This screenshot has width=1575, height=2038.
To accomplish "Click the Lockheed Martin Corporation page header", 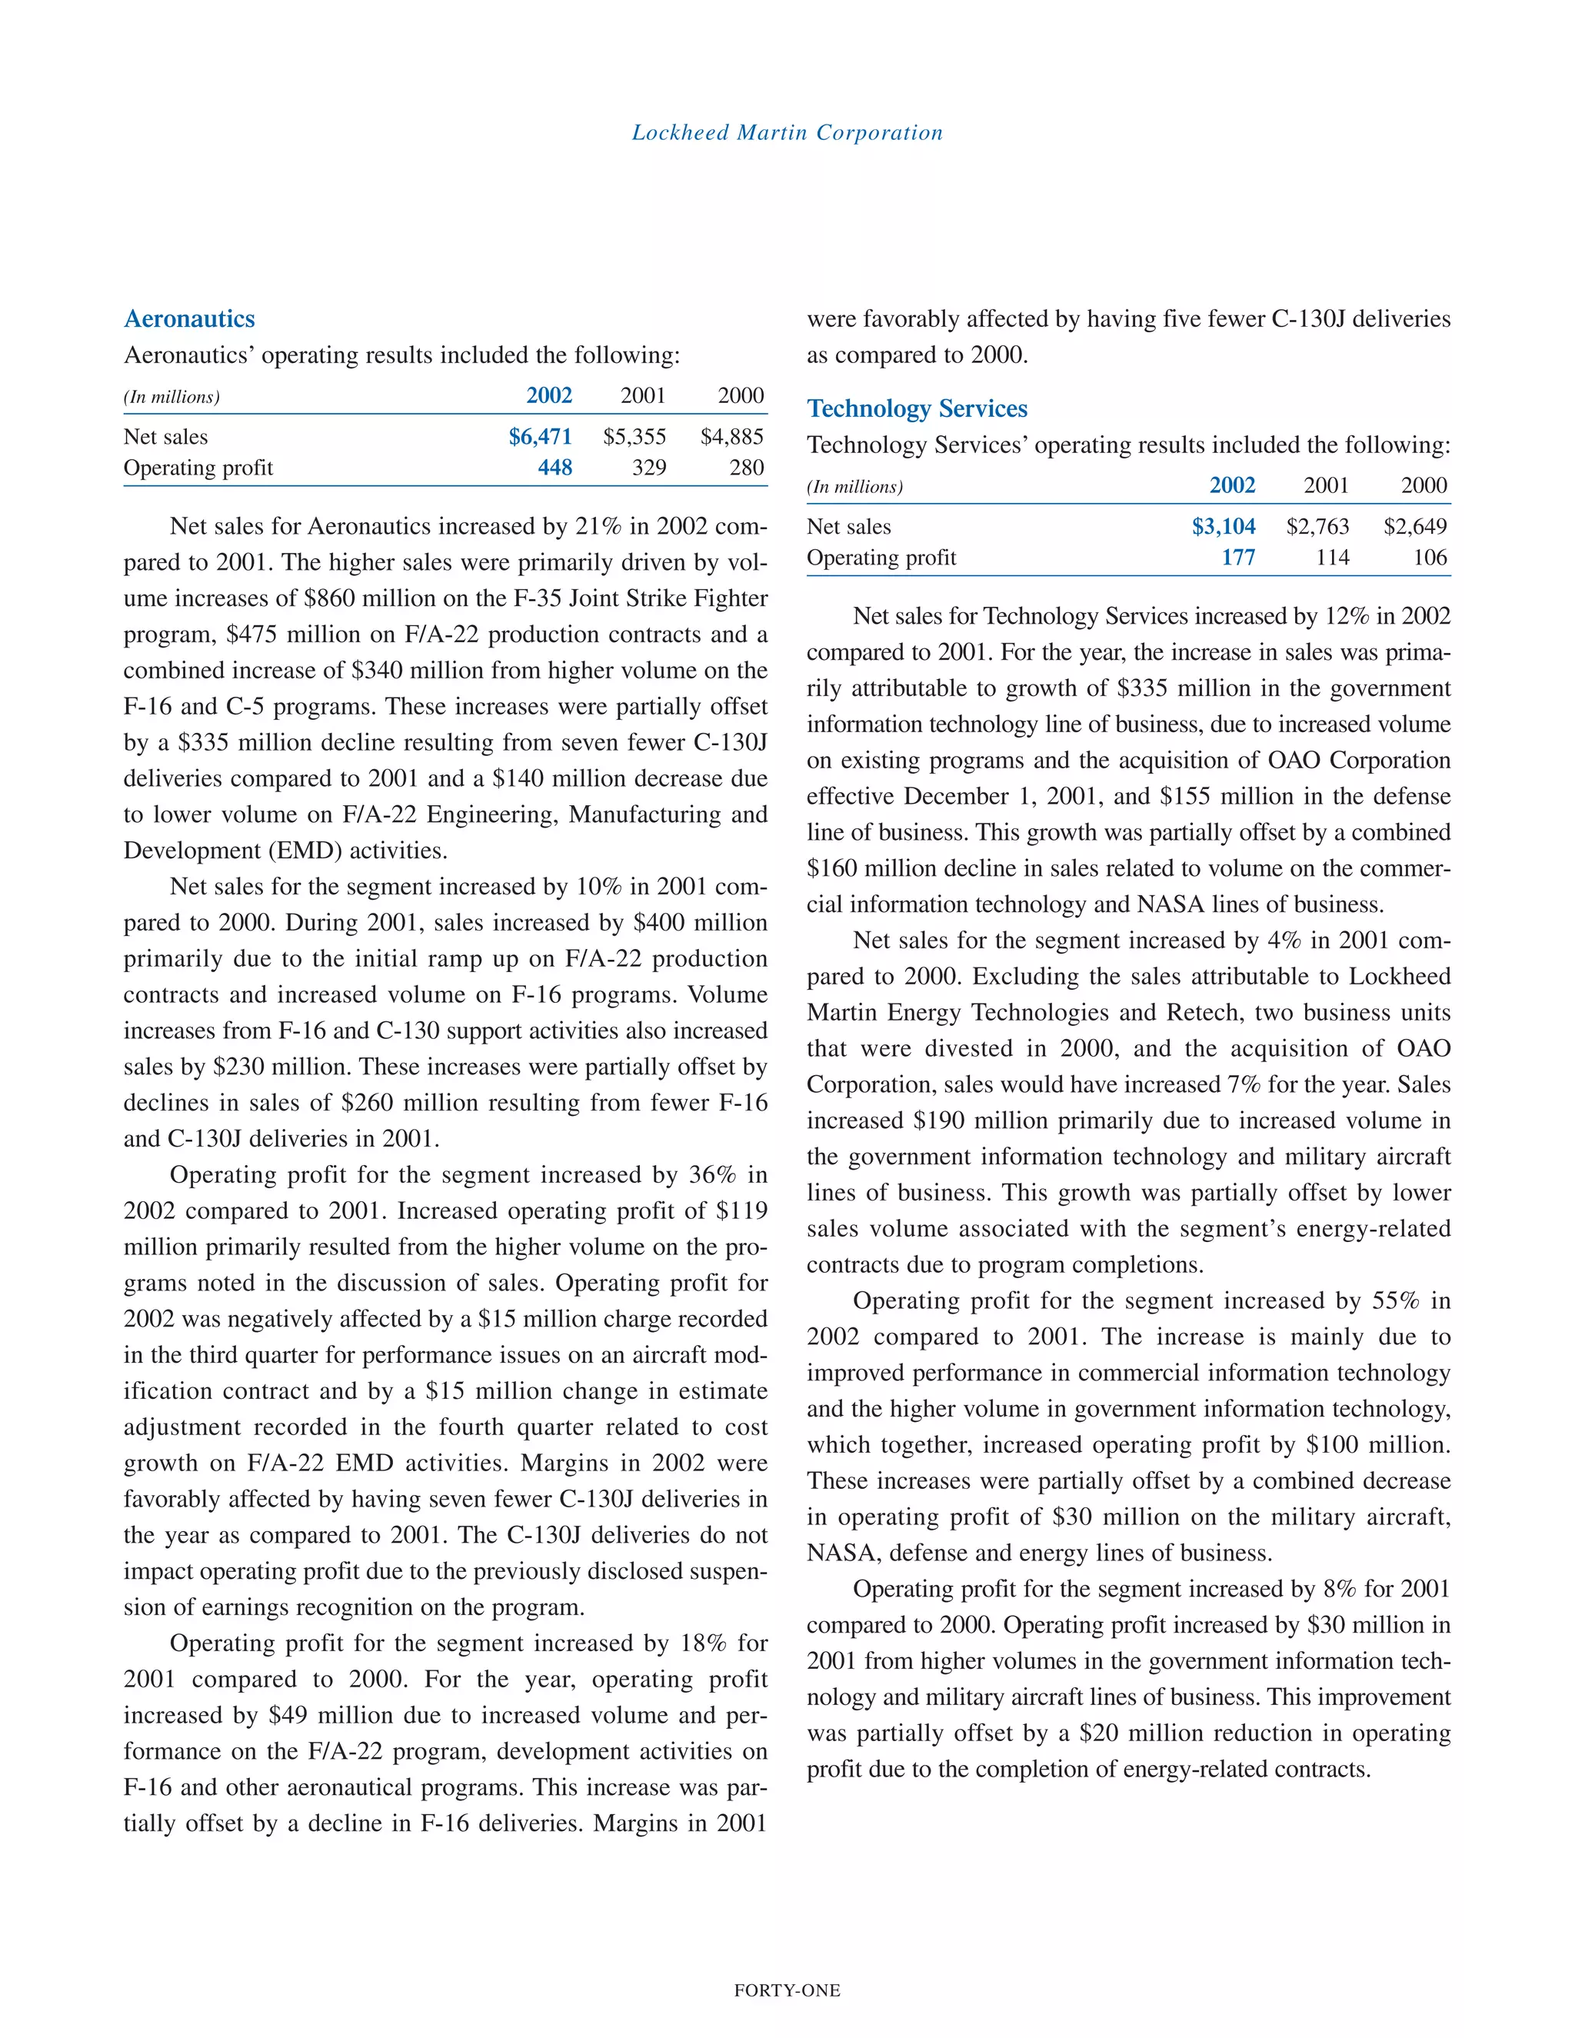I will click(x=787, y=132).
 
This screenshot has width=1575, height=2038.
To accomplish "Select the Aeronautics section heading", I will click(x=189, y=319).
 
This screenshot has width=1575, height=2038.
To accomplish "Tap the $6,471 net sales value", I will click(x=539, y=437).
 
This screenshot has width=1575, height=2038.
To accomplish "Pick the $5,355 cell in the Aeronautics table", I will click(x=634, y=437).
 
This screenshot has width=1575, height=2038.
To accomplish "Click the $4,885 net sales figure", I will click(x=731, y=437).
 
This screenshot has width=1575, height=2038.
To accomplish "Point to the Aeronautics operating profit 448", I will click(x=554, y=468).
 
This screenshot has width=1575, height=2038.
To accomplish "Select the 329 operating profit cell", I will click(x=648, y=468).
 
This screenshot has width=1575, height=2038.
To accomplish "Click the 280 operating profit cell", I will click(x=747, y=468).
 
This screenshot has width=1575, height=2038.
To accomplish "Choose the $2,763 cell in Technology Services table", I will click(x=1317, y=526).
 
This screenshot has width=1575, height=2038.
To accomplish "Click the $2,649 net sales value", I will click(x=1414, y=526).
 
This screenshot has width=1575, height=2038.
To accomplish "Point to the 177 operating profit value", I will click(x=1238, y=557).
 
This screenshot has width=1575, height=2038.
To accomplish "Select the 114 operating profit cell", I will click(x=1333, y=557).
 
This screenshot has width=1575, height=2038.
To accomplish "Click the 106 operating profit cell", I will click(x=1430, y=557).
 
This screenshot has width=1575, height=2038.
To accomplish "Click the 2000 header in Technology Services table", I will click(x=1423, y=485).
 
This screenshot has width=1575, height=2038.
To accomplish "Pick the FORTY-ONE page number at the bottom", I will click(x=787, y=1990).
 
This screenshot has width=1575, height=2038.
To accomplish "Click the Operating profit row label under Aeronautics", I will click(x=198, y=468).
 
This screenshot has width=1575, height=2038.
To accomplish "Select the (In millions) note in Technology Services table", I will click(x=854, y=486).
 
